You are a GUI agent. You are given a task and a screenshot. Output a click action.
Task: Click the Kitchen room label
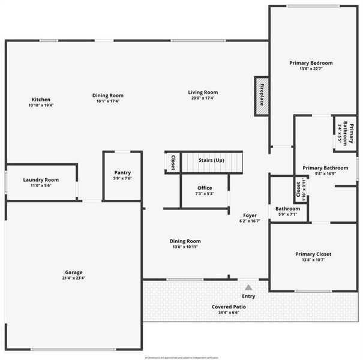click(x=41, y=100)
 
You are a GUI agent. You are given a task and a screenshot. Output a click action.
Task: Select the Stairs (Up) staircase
click(x=211, y=161)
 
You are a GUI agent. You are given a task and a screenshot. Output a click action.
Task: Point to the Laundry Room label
click(x=41, y=180)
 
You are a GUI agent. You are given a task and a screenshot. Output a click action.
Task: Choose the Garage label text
click(x=74, y=272)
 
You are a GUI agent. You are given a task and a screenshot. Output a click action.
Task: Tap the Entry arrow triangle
click(x=248, y=287)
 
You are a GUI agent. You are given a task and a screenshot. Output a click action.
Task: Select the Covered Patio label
click(x=229, y=307)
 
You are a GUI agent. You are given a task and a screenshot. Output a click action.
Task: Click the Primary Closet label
click(x=313, y=254)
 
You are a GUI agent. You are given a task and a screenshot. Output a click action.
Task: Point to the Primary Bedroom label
click(x=311, y=63)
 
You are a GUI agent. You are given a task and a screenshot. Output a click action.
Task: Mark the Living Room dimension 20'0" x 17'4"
click(x=203, y=98)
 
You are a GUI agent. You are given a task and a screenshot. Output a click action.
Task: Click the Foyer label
click(x=250, y=215)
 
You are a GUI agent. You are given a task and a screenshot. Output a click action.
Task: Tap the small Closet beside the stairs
click(x=173, y=163)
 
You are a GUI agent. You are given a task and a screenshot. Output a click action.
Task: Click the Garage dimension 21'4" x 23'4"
click(x=74, y=278)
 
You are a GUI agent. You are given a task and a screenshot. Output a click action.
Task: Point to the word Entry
click(x=248, y=296)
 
